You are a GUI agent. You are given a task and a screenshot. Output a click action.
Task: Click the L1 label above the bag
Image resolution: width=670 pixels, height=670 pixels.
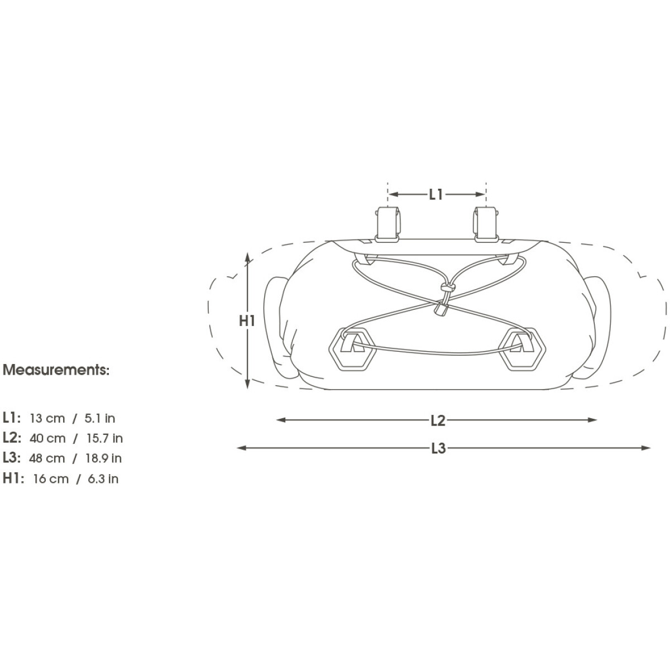click(436, 194)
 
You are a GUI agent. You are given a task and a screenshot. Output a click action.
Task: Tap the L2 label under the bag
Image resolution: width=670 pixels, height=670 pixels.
click(438, 420)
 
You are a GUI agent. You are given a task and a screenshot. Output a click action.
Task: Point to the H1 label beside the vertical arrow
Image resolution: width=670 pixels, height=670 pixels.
click(247, 320)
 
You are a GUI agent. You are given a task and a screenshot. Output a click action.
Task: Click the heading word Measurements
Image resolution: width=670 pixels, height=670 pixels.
click(56, 370)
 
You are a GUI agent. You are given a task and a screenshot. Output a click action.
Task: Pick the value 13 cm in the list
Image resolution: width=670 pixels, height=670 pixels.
click(47, 418)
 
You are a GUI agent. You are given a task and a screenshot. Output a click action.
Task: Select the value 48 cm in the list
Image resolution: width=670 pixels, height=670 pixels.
click(47, 458)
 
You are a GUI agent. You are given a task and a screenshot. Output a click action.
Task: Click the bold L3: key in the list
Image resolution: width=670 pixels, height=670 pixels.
click(12, 458)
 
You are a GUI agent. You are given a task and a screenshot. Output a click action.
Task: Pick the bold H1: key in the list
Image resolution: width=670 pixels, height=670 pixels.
click(13, 478)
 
